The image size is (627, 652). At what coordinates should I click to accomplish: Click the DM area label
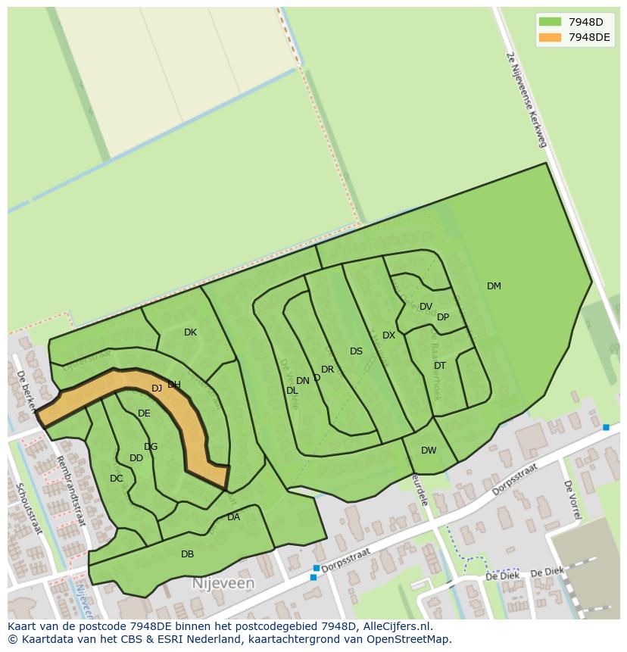click(x=494, y=286)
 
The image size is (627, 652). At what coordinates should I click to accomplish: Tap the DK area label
click(x=190, y=332)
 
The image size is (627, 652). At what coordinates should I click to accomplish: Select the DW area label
click(x=429, y=451)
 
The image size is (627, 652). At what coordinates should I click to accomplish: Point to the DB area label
click(x=187, y=554)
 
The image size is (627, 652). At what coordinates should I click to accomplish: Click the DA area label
click(x=233, y=517)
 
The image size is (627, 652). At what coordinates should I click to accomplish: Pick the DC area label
click(x=116, y=479)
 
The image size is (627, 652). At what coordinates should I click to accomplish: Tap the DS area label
click(x=356, y=351)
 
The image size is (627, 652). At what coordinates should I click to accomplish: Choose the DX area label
click(x=388, y=335)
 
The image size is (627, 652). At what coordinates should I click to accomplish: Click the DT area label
click(x=440, y=366)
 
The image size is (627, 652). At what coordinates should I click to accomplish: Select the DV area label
click(x=426, y=307)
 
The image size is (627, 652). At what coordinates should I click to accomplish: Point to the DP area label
click(x=443, y=317)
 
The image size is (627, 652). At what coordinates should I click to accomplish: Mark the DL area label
click(x=292, y=391)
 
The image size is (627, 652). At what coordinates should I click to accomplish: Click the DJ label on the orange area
click(x=157, y=388)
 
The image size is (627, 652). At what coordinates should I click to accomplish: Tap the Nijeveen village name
click(x=223, y=584)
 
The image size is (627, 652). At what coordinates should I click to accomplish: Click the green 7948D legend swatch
click(x=551, y=22)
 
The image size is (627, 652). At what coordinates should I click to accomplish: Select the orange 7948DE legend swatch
click(x=551, y=37)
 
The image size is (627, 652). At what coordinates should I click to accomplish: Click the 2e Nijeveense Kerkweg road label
click(x=526, y=101)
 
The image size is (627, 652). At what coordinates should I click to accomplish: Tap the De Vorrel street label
click(x=572, y=499)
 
